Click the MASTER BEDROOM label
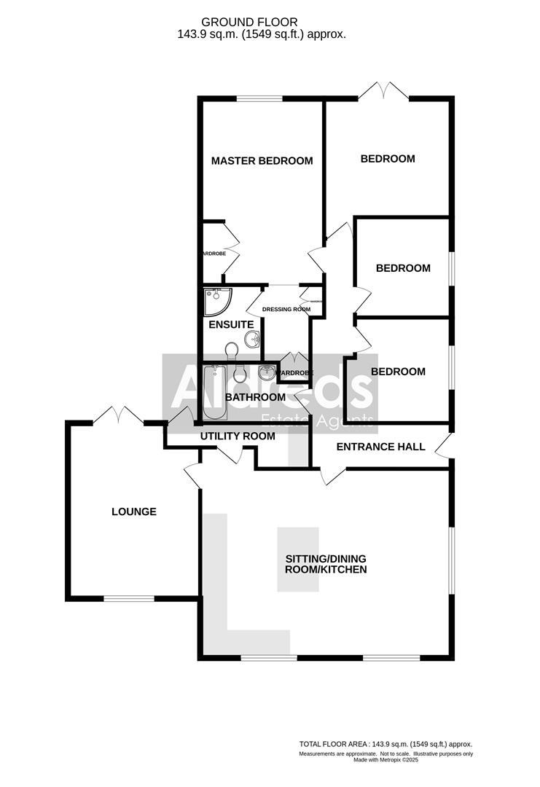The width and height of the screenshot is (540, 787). pyautogui.click(x=262, y=161)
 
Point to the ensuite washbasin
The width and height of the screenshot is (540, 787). pyautogui.click(x=253, y=338)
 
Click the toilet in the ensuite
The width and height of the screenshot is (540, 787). pyautogui.click(x=232, y=351)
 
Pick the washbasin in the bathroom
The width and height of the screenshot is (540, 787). pyautogui.click(x=267, y=373)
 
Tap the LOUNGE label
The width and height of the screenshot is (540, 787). pyautogui.click(x=133, y=512)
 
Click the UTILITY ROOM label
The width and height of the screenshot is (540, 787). pyautogui.click(x=238, y=436)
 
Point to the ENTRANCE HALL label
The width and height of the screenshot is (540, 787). pyautogui.click(x=380, y=446)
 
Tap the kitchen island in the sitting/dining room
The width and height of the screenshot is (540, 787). pyautogui.click(x=297, y=558)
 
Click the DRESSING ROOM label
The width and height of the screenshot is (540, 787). pyautogui.click(x=286, y=309)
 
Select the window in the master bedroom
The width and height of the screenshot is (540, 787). pyautogui.click(x=260, y=98)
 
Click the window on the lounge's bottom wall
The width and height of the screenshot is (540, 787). pyautogui.click(x=128, y=599)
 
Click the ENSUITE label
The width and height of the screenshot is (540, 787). pyautogui.click(x=231, y=324)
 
